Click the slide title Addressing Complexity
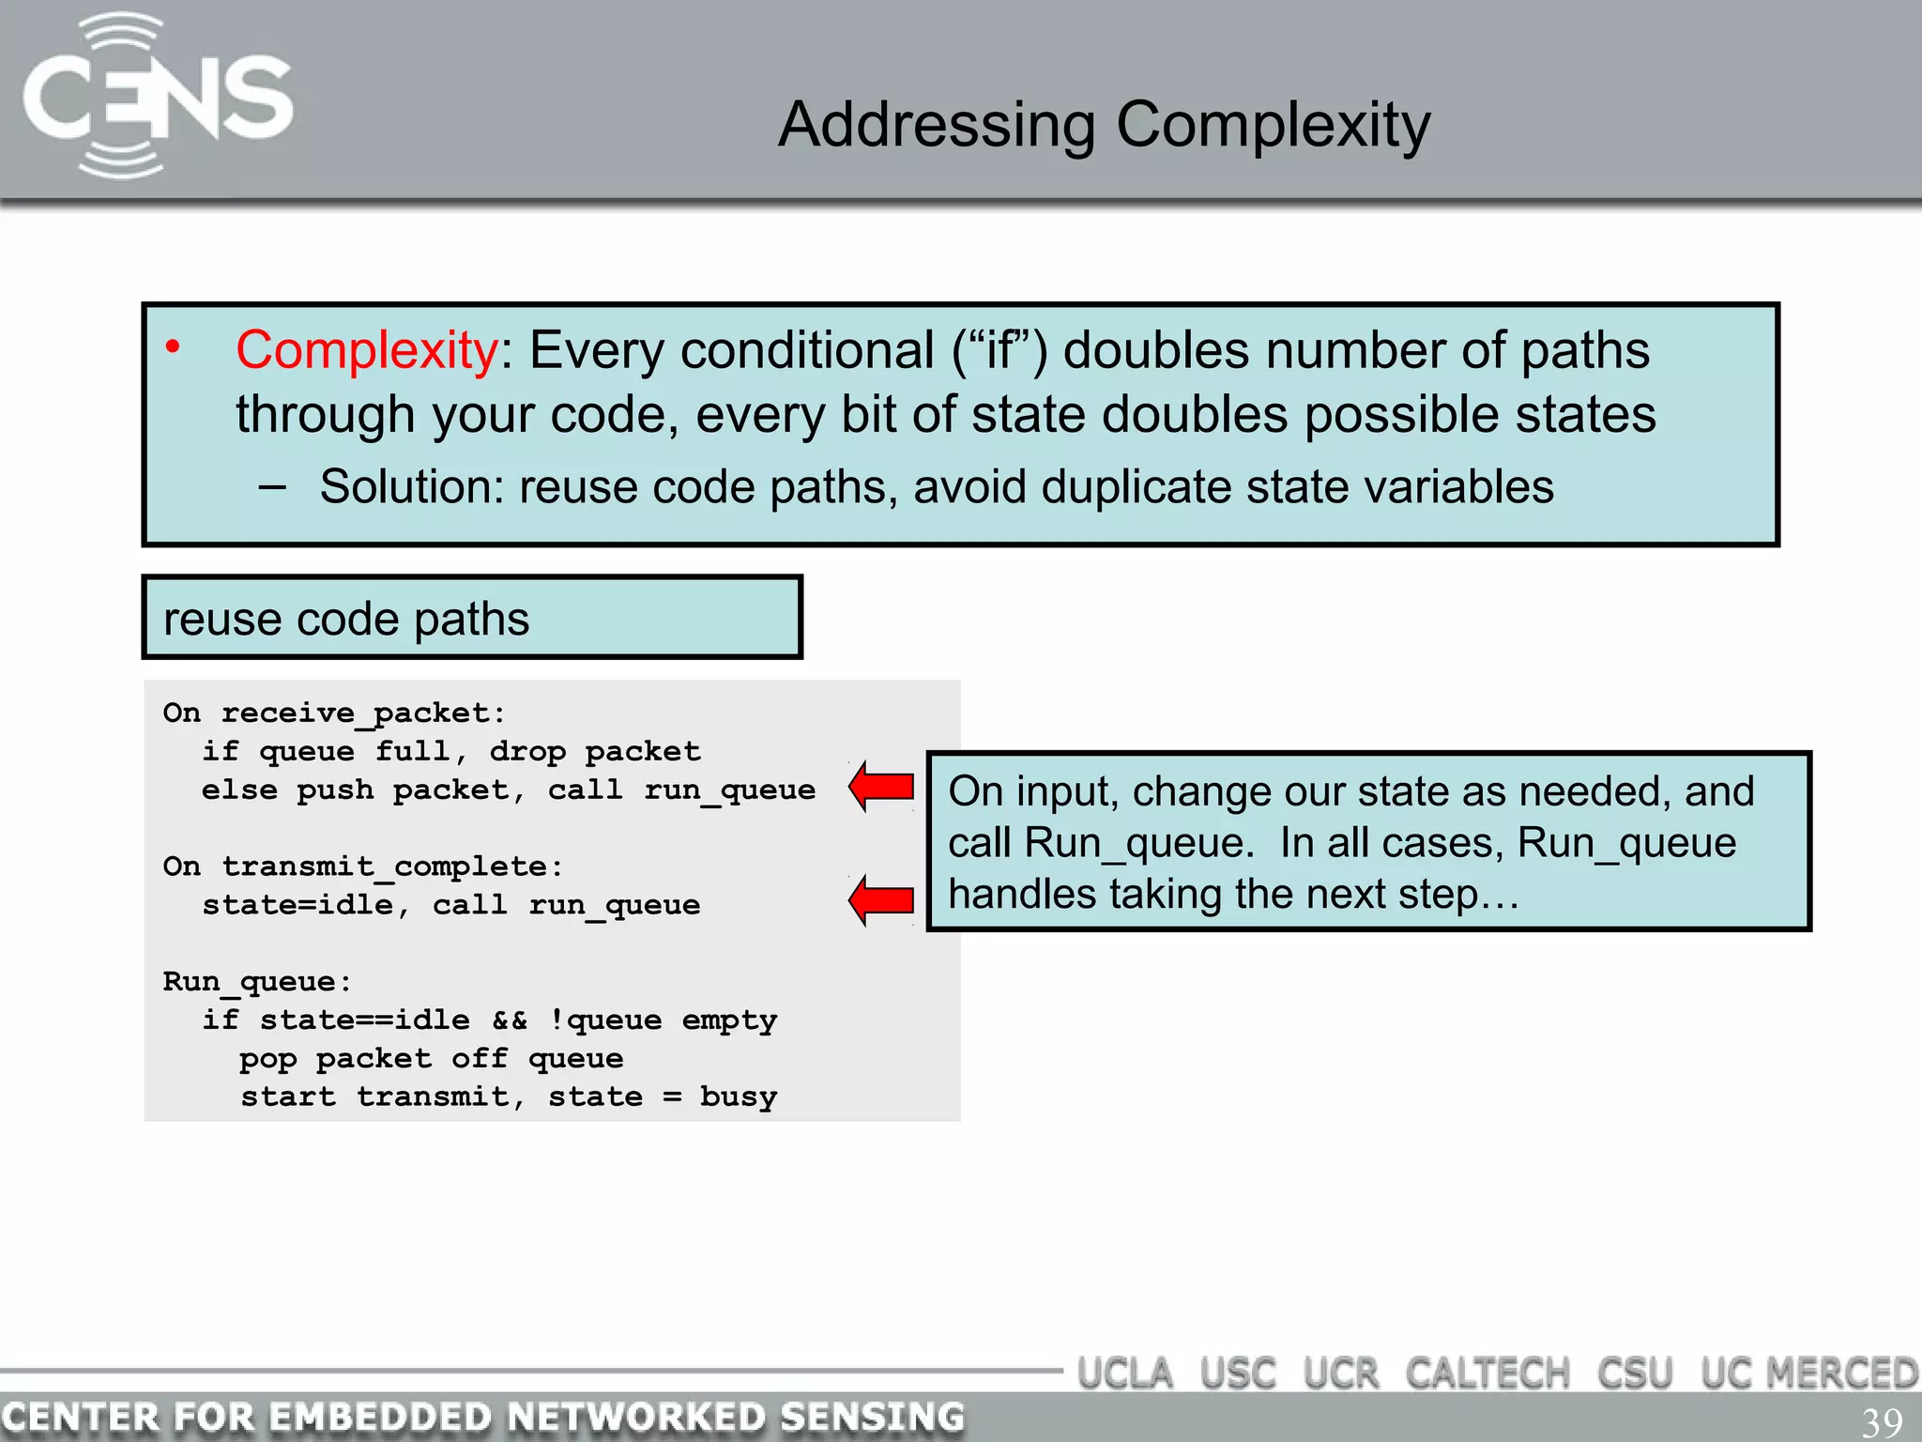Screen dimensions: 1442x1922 click(x=1104, y=125)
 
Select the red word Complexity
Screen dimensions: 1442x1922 click(x=366, y=350)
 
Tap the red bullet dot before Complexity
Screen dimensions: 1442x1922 click(x=173, y=347)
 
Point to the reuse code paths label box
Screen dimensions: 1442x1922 click(x=472, y=618)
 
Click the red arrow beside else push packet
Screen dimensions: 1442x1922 click(x=882, y=787)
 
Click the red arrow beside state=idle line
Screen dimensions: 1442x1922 click(x=882, y=900)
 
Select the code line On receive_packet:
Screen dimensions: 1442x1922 click(x=334, y=713)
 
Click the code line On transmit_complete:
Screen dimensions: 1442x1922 click(x=363, y=867)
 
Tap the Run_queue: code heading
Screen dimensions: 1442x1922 click(x=257, y=982)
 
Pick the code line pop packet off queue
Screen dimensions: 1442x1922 click(x=431, y=1059)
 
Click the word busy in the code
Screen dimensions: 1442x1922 click(x=738, y=1097)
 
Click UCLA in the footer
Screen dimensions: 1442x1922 click(x=1125, y=1373)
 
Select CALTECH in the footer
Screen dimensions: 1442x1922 click(x=1487, y=1373)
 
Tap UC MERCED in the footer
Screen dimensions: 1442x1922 click(x=1808, y=1373)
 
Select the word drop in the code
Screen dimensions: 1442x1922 click(x=527, y=752)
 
